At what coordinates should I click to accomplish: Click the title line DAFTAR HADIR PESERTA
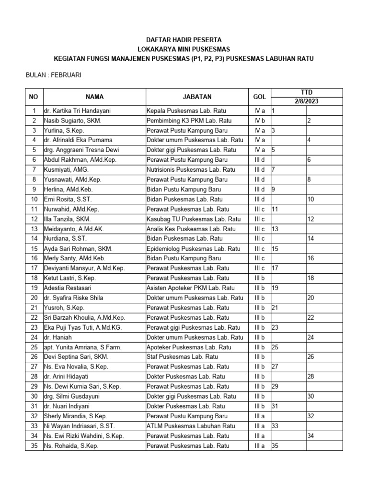click(184, 40)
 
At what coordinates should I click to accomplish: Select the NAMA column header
click(94, 97)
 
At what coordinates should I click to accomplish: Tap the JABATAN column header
click(197, 97)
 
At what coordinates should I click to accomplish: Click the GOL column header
click(259, 97)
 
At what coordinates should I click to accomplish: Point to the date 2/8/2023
click(307, 101)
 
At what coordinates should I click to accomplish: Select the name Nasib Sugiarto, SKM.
click(72, 121)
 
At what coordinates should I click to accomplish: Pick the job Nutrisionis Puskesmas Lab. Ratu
click(191, 170)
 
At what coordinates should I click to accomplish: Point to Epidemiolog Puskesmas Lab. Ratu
click(193, 249)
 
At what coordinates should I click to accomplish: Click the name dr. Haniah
click(57, 337)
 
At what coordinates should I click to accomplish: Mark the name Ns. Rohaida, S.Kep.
click(71, 445)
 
